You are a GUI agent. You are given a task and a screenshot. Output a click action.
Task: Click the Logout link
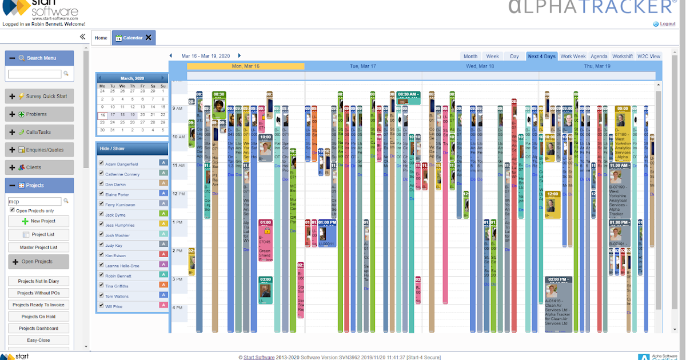pos(667,24)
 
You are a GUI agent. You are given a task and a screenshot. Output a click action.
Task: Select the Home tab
pos(101,38)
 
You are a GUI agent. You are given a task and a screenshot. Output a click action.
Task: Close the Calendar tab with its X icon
pos(149,38)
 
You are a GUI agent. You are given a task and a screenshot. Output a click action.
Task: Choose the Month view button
pos(470,57)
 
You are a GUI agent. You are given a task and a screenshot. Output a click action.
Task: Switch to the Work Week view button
pos(573,57)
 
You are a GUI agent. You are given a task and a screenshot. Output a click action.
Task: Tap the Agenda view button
pos(599,57)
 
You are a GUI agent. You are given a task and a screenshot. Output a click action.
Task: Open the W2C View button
pos(648,57)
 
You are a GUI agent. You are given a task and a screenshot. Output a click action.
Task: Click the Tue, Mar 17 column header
pos(363,66)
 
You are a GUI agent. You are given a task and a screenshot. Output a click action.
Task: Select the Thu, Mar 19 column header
pos(597,66)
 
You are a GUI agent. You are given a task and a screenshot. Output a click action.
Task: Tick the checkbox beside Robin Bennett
pos(101,276)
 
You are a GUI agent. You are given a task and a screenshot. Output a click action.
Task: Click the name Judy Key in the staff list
pos(113,246)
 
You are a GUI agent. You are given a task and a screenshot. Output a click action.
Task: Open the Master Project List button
pos(38,247)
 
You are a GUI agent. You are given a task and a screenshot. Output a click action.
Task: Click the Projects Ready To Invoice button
pos(38,305)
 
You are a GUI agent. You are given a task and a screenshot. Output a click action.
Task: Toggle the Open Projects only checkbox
pos(12,211)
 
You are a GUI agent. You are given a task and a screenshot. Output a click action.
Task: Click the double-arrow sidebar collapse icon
pos(82,37)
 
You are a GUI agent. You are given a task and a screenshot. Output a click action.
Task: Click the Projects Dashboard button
pos(38,329)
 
